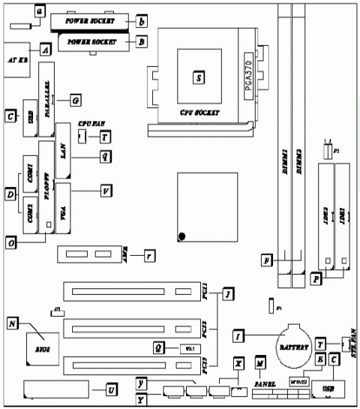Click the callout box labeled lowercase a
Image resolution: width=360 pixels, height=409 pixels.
click(x=40, y=11)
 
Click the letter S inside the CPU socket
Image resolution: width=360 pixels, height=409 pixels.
click(x=198, y=77)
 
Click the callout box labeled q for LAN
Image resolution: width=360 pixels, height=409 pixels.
click(x=106, y=155)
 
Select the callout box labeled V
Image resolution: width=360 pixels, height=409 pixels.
click(x=106, y=191)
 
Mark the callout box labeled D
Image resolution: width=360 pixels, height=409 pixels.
click(x=10, y=196)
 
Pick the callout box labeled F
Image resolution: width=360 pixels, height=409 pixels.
click(x=265, y=260)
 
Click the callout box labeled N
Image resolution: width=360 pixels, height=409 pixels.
click(x=12, y=323)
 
